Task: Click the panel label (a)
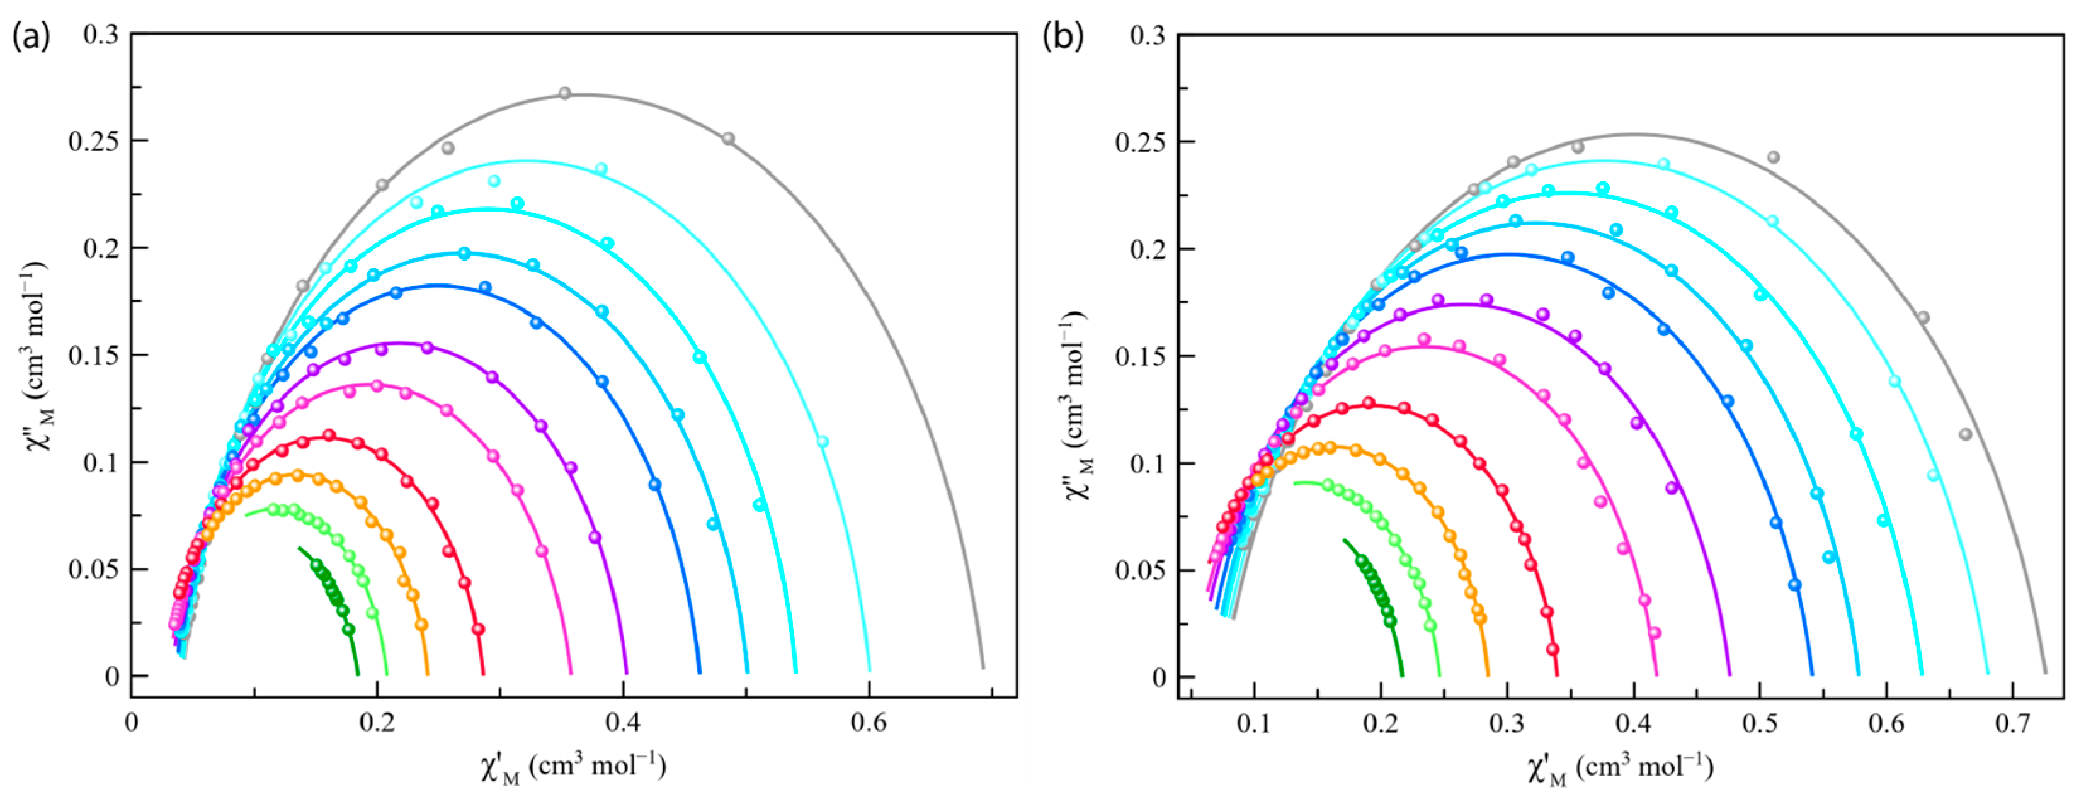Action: tap(31, 37)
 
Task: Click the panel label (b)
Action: tap(1063, 37)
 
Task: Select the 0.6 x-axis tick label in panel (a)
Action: tap(869, 722)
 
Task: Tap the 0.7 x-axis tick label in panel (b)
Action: tap(2012, 722)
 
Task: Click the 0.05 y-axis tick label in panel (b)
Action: tap(1140, 570)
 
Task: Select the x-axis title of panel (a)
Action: tap(573, 767)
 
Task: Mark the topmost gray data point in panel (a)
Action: tap(565, 93)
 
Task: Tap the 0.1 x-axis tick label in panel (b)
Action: tap(1254, 722)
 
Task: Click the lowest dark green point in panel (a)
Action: tap(349, 629)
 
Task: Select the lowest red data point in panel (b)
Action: tap(1553, 649)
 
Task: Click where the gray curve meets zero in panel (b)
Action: tap(2045, 672)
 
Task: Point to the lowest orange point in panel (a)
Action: tap(421, 624)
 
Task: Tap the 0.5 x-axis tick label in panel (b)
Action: tap(1759, 722)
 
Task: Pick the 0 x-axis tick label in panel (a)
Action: tap(132, 722)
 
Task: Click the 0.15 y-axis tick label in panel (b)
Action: tap(1140, 356)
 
